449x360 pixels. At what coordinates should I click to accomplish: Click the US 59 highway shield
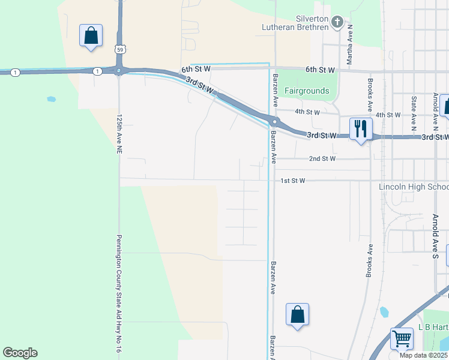(x=120, y=48)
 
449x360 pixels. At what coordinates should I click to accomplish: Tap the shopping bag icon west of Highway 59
(x=91, y=36)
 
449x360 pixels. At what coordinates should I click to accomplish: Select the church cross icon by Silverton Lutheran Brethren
(x=337, y=23)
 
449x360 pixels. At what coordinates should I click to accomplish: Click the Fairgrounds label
(x=307, y=91)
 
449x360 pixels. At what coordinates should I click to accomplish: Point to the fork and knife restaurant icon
(x=361, y=128)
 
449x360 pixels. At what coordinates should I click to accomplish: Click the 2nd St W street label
(x=323, y=159)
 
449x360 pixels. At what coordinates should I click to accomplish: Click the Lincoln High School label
(x=414, y=187)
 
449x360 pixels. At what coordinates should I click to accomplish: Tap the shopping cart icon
(x=402, y=338)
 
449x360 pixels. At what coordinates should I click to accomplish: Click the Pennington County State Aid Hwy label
(x=119, y=297)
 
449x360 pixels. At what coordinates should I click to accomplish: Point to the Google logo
(x=20, y=353)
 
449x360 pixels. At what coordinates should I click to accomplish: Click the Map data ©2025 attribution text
(x=423, y=355)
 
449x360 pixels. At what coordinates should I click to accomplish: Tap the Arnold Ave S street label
(x=436, y=236)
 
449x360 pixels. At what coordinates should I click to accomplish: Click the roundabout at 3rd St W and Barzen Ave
(x=273, y=121)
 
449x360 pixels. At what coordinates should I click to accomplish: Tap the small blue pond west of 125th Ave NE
(x=51, y=99)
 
